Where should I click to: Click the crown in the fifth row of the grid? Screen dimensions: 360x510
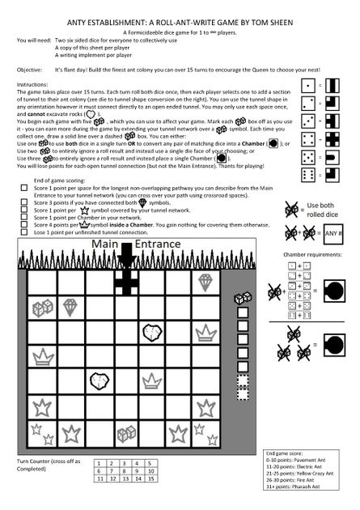(209, 381)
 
